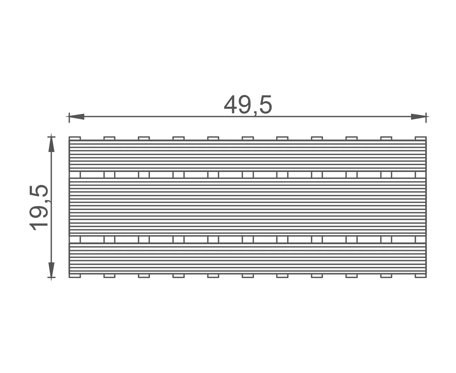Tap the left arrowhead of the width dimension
[76, 116]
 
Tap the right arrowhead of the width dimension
[419, 116]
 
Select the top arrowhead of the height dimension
[51, 144]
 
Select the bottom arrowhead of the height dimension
[51, 270]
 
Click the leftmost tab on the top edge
[75, 138]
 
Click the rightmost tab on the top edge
[421, 138]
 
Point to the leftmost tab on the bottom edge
[75, 276]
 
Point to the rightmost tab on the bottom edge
[421, 276]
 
